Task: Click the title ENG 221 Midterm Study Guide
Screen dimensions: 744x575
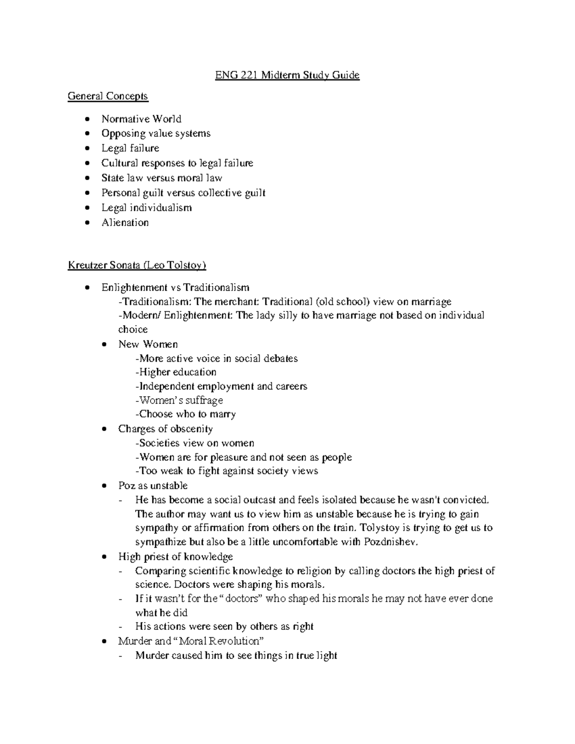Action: [286, 75]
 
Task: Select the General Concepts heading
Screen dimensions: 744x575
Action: [108, 96]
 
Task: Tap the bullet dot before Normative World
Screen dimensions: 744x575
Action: [86, 119]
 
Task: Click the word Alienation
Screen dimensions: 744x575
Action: [125, 222]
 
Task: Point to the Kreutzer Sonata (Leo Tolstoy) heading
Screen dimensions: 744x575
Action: [137, 265]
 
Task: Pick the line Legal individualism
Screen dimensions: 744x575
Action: [146, 207]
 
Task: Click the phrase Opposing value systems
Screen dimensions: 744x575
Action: [156, 133]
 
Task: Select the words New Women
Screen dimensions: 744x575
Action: [148, 344]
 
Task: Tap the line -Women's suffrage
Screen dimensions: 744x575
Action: [179, 400]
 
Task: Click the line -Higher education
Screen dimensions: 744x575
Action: [176, 372]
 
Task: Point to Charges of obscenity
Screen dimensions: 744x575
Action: [165, 429]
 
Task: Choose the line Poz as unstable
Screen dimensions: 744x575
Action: [153, 485]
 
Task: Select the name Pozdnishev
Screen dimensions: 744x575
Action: [391, 542]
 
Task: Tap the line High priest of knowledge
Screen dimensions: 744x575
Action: [175, 557]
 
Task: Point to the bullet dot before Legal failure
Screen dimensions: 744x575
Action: [86, 149]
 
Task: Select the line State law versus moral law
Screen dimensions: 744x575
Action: [161, 178]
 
